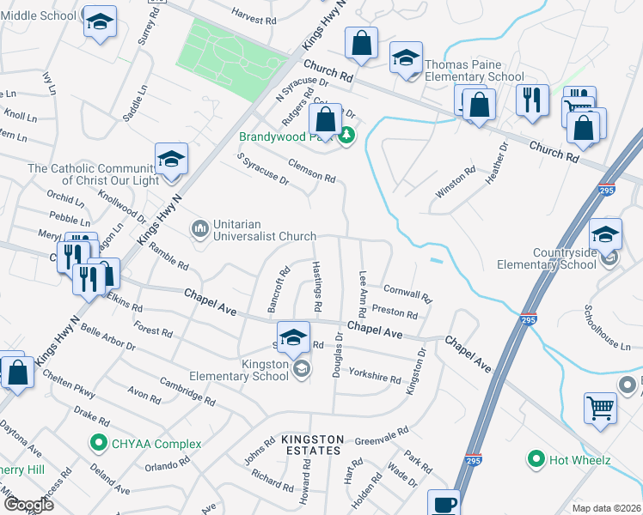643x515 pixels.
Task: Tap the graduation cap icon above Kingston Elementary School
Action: click(x=293, y=337)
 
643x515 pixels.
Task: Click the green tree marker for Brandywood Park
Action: click(x=346, y=136)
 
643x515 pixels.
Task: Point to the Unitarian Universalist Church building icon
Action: click(x=199, y=228)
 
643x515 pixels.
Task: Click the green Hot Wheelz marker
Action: click(x=537, y=460)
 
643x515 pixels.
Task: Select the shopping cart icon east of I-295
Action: click(x=600, y=409)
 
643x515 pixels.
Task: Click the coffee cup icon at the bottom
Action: click(x=444, y=504)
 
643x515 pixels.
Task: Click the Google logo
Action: click(x=28, y=504)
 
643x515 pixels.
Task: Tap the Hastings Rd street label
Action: click(x=316, y=287)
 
